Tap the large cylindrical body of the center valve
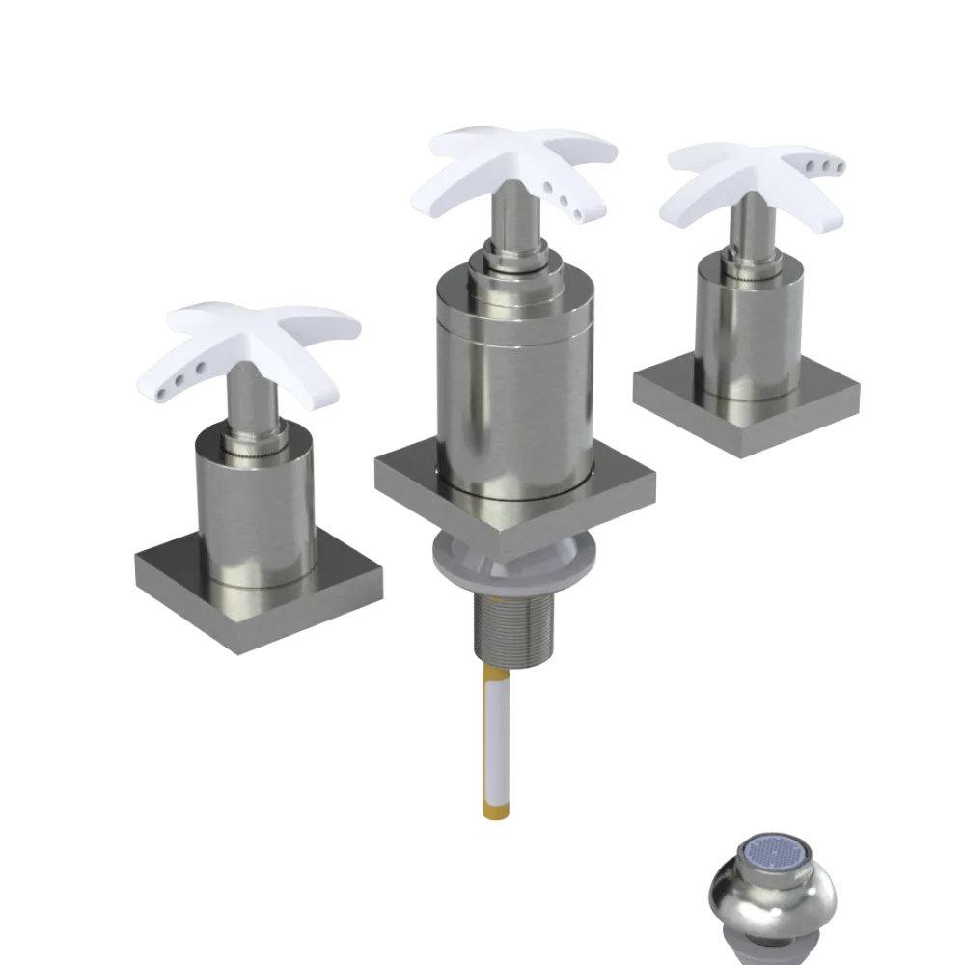coord(510,386)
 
